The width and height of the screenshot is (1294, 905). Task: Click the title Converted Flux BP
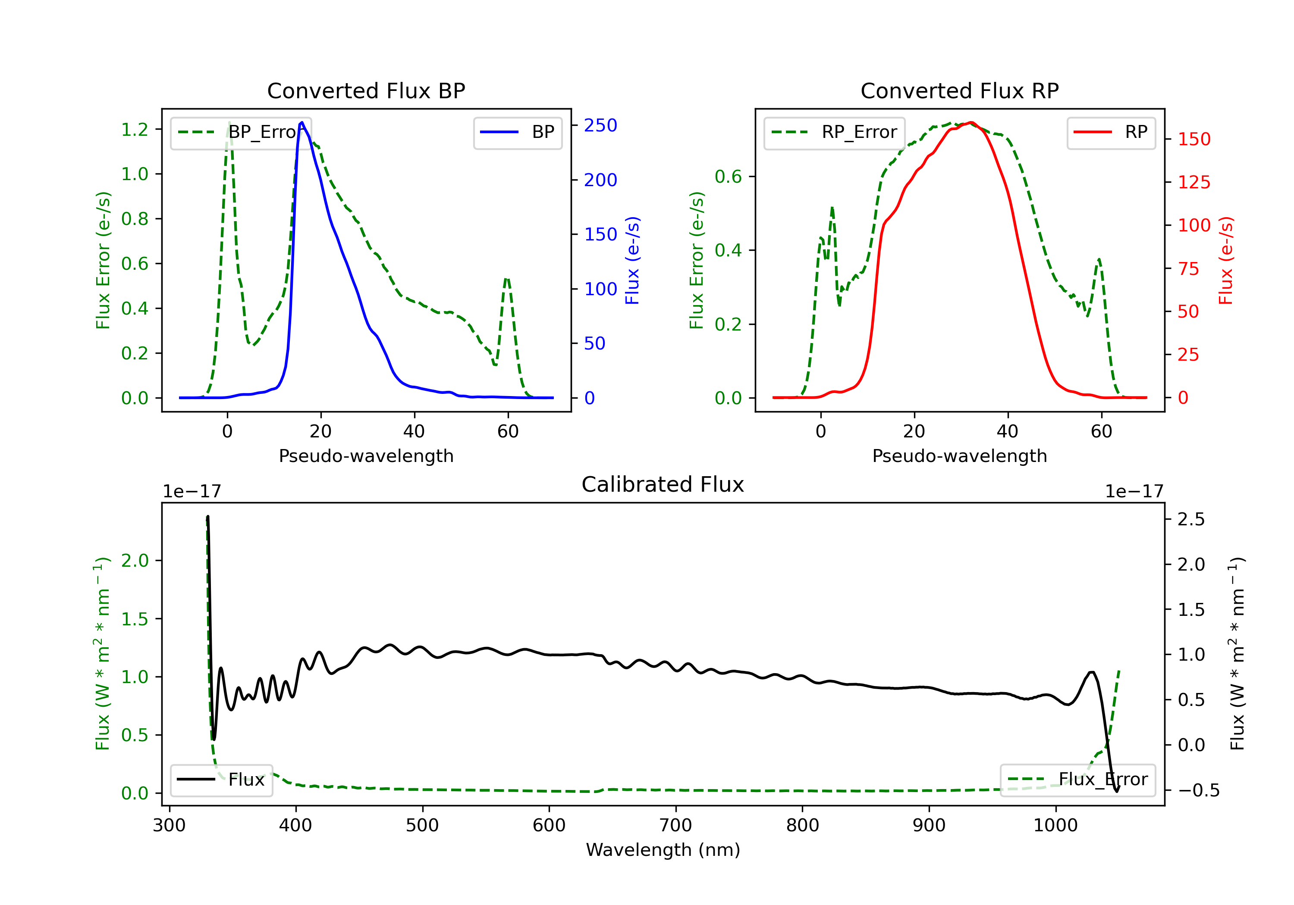tap(366, 90)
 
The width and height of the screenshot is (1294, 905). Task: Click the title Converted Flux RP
tap(959, 90)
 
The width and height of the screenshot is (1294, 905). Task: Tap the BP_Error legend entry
tap(241, 132)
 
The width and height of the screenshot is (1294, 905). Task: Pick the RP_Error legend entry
tap(834, 132)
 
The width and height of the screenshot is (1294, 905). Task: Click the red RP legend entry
tap(1111, 132)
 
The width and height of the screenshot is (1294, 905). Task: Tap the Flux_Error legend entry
tap(1077, 780)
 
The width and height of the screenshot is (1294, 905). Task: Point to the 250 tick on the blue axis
tap(600, 125)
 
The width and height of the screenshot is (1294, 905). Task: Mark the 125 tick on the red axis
tap(1193, 182)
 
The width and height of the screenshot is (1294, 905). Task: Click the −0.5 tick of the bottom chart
tap(1198, 791)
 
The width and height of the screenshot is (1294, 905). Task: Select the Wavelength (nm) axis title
tap(663, 850)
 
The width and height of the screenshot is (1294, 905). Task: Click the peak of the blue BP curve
tap(302, 122)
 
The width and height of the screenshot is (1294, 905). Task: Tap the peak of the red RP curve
tap(971, 122)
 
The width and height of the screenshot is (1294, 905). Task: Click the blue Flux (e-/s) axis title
tap(632, 261)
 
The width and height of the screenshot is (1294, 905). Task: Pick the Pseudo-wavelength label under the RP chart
tap(959, 456)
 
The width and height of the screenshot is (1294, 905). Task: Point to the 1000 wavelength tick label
tap(1055, 826)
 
